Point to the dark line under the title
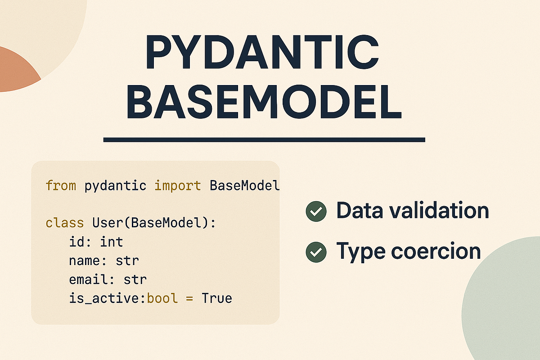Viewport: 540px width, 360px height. (x=264, y=140)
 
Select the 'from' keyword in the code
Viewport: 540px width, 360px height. (x=61, y=186)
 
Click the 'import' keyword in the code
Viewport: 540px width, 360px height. (x=178, y=186)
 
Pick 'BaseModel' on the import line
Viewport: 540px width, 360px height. (x=244, y=186)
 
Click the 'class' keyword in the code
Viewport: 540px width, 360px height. (x=65, y=223)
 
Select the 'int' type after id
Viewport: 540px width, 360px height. (x=111, y=242)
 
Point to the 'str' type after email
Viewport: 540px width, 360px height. (x=135, y=279)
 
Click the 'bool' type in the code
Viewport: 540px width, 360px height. (x=163, y=298)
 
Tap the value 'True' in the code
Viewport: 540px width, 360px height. (x=216, y=298)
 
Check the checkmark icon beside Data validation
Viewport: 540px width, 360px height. (x=316, y=211)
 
